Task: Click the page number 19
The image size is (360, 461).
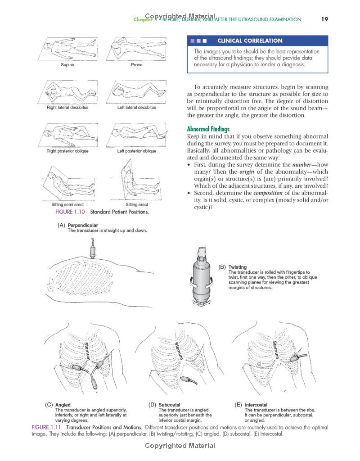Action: pos(324,19)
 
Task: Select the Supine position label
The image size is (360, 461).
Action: pos(67,65)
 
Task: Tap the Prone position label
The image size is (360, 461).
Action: pos(136,65)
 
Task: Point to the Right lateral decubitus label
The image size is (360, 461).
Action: pos(67,108)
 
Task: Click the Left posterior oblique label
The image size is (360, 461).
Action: pos(137,151)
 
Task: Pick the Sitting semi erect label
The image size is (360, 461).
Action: pos(67,205)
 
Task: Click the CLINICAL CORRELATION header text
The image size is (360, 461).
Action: pos(250,41)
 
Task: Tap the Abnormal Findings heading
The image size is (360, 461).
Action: pos(208,129)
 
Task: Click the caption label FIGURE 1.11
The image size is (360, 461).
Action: pos(46,427)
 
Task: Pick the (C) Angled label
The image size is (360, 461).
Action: pos(58,405)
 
